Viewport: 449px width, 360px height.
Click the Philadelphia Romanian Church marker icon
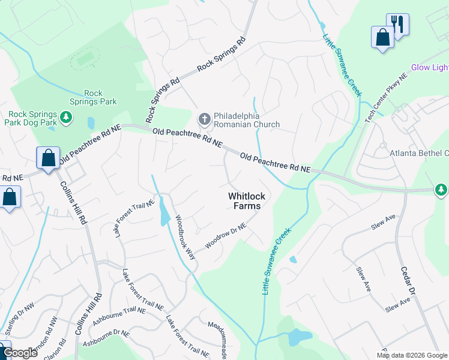coord(204,119)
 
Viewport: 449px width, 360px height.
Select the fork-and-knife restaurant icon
coord(397,25)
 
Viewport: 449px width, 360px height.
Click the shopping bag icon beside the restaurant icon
coord(382,38)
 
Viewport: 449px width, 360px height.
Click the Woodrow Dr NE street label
coord(226,236)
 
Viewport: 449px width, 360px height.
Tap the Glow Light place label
coord(429,67)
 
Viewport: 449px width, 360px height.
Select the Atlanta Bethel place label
coord(418,153)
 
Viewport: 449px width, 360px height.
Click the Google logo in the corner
coord(20,353)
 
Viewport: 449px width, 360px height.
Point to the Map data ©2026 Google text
coord(412,355)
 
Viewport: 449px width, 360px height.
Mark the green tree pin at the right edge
coord(441,190)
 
